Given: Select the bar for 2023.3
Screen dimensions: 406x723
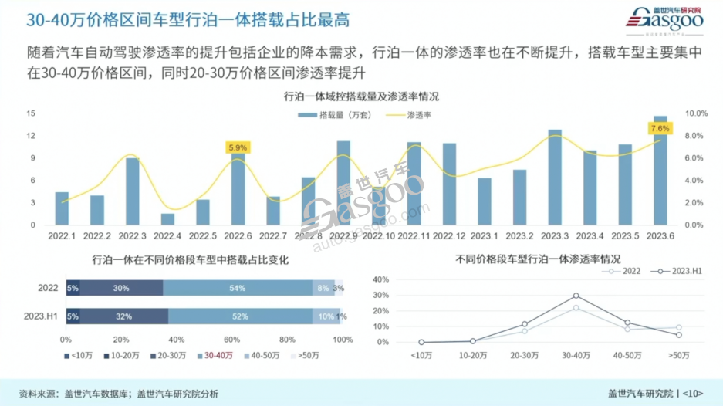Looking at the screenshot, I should tap(555, 178).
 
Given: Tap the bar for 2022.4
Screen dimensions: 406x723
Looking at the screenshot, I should tap(167, 219).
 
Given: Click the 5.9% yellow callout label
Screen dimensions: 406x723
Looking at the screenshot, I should tap(238, 147).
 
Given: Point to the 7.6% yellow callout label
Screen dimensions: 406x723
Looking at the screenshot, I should tap(660, 128).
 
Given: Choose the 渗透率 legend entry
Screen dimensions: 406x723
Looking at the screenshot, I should tap(409, 114).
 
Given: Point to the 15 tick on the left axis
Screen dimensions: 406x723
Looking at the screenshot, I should tap(32, 113).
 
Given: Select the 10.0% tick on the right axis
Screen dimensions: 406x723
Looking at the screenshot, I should tap(697, 113).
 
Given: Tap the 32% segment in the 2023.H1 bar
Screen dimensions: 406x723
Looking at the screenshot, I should tap(123, 316).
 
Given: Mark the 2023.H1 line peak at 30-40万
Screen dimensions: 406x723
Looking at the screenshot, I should tap(576, 296).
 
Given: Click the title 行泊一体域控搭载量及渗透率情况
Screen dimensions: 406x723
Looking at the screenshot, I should tap(361, 97).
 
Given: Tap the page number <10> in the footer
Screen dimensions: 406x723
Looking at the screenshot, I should tap(692, 393).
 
